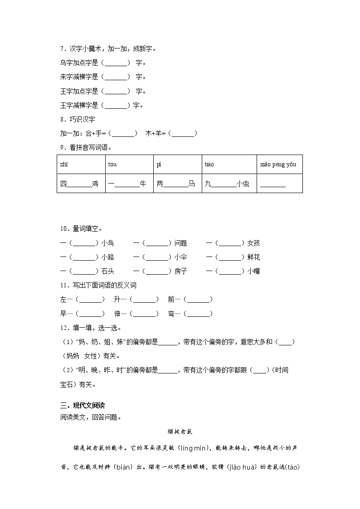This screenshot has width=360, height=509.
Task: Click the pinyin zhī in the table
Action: [x=64, y=164]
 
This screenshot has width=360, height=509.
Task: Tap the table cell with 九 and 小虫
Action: [x=227, y=184]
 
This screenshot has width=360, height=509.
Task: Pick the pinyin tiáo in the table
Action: [x=209, y=164]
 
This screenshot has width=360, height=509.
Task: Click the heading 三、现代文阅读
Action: [x=83, y=405]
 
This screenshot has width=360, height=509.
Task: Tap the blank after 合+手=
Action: [x=123, y=134]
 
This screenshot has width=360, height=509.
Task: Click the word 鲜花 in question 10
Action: [x=254, y=257]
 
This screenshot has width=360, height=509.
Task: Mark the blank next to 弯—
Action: [x=199, y=314]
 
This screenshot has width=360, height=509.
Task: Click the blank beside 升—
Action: [x=145, y=300]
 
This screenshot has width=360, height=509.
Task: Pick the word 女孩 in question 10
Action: [x=254, y=243]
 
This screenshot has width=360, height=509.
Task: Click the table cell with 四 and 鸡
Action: [x=81, y=184]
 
